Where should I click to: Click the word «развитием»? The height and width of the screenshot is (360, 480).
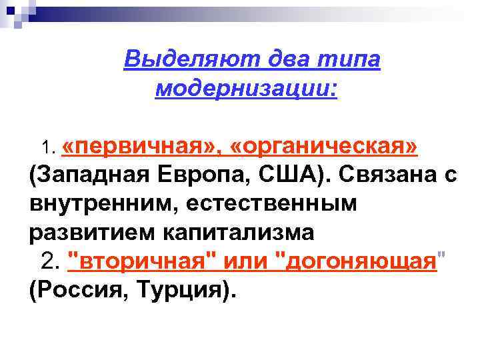(x=85, y=233)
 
